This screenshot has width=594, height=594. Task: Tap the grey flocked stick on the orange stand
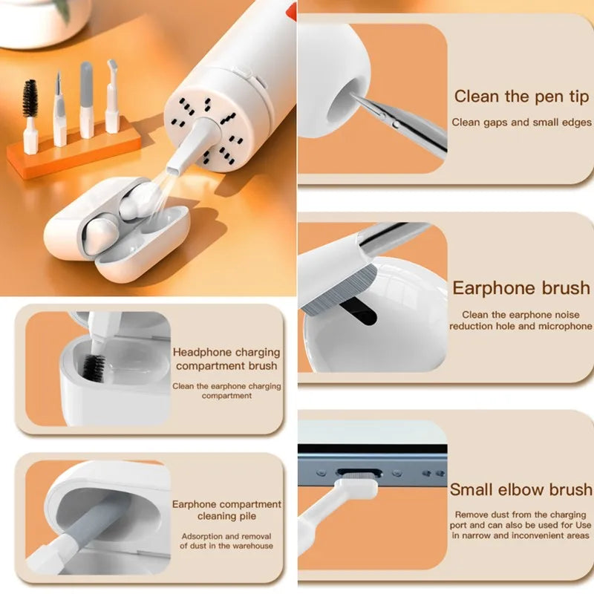87,93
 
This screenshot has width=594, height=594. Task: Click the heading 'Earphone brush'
521,288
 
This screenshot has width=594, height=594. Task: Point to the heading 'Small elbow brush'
520,489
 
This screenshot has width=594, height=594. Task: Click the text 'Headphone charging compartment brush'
226,359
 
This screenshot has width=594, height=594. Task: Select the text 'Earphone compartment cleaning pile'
226,510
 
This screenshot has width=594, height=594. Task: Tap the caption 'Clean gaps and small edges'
521,122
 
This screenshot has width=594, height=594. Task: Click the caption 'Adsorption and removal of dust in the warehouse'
226,541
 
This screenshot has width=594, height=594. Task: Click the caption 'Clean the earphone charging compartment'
226,391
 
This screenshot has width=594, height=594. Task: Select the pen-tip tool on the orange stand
59,108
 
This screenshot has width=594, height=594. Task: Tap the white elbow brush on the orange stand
112,97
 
